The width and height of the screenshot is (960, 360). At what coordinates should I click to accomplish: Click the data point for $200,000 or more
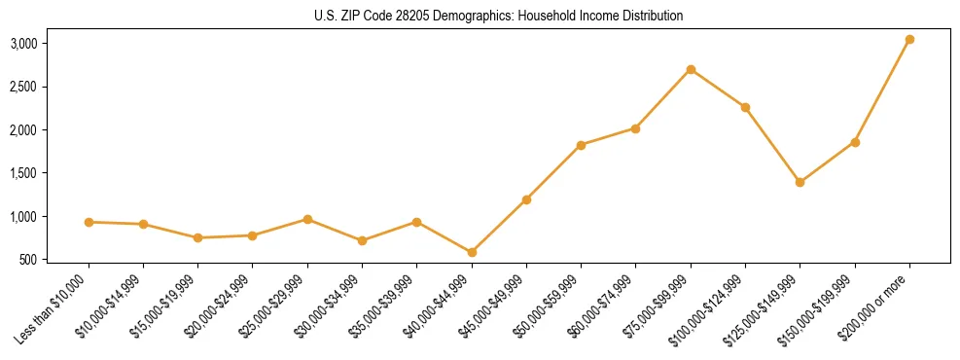click(909, 40)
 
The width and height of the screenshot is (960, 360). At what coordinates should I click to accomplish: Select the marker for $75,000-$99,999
click(691, 69)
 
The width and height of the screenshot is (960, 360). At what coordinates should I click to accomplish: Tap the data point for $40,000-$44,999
click(472, 252)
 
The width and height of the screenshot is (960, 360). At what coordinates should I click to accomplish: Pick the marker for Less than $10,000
click(89, 222)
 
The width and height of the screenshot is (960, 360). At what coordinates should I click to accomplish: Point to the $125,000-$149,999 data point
click(800, 182)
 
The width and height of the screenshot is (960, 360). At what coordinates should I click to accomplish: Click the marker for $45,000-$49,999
click(526, 199)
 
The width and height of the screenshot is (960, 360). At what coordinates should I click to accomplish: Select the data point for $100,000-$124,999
click(745, 107)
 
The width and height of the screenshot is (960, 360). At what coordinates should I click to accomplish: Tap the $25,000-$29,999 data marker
click(307, 219)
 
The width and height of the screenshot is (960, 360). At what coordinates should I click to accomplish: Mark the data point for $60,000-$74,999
click(635, 128)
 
